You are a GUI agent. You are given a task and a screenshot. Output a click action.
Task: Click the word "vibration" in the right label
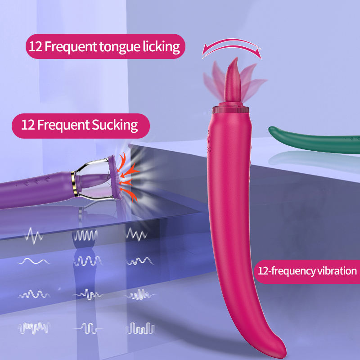point(333,271)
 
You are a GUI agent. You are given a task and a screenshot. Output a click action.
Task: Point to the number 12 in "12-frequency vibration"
point(263,271)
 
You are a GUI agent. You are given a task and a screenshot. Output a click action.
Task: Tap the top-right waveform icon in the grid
point(136,234)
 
